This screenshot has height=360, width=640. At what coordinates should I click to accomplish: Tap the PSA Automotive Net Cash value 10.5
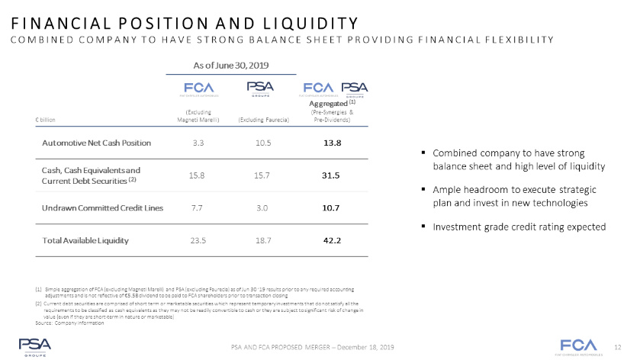[x=263, y=143]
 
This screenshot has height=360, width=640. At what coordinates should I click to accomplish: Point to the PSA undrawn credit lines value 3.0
[x=263, y=207]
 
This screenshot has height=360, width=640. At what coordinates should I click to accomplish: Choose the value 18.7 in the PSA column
[x=263, y=240]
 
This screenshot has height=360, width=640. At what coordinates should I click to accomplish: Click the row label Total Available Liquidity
[x=85, y=240]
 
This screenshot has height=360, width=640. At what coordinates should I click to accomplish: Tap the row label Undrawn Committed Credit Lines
[x=95, y=207]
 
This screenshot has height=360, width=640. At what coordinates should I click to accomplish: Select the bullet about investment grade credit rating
[x=518, y=227]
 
